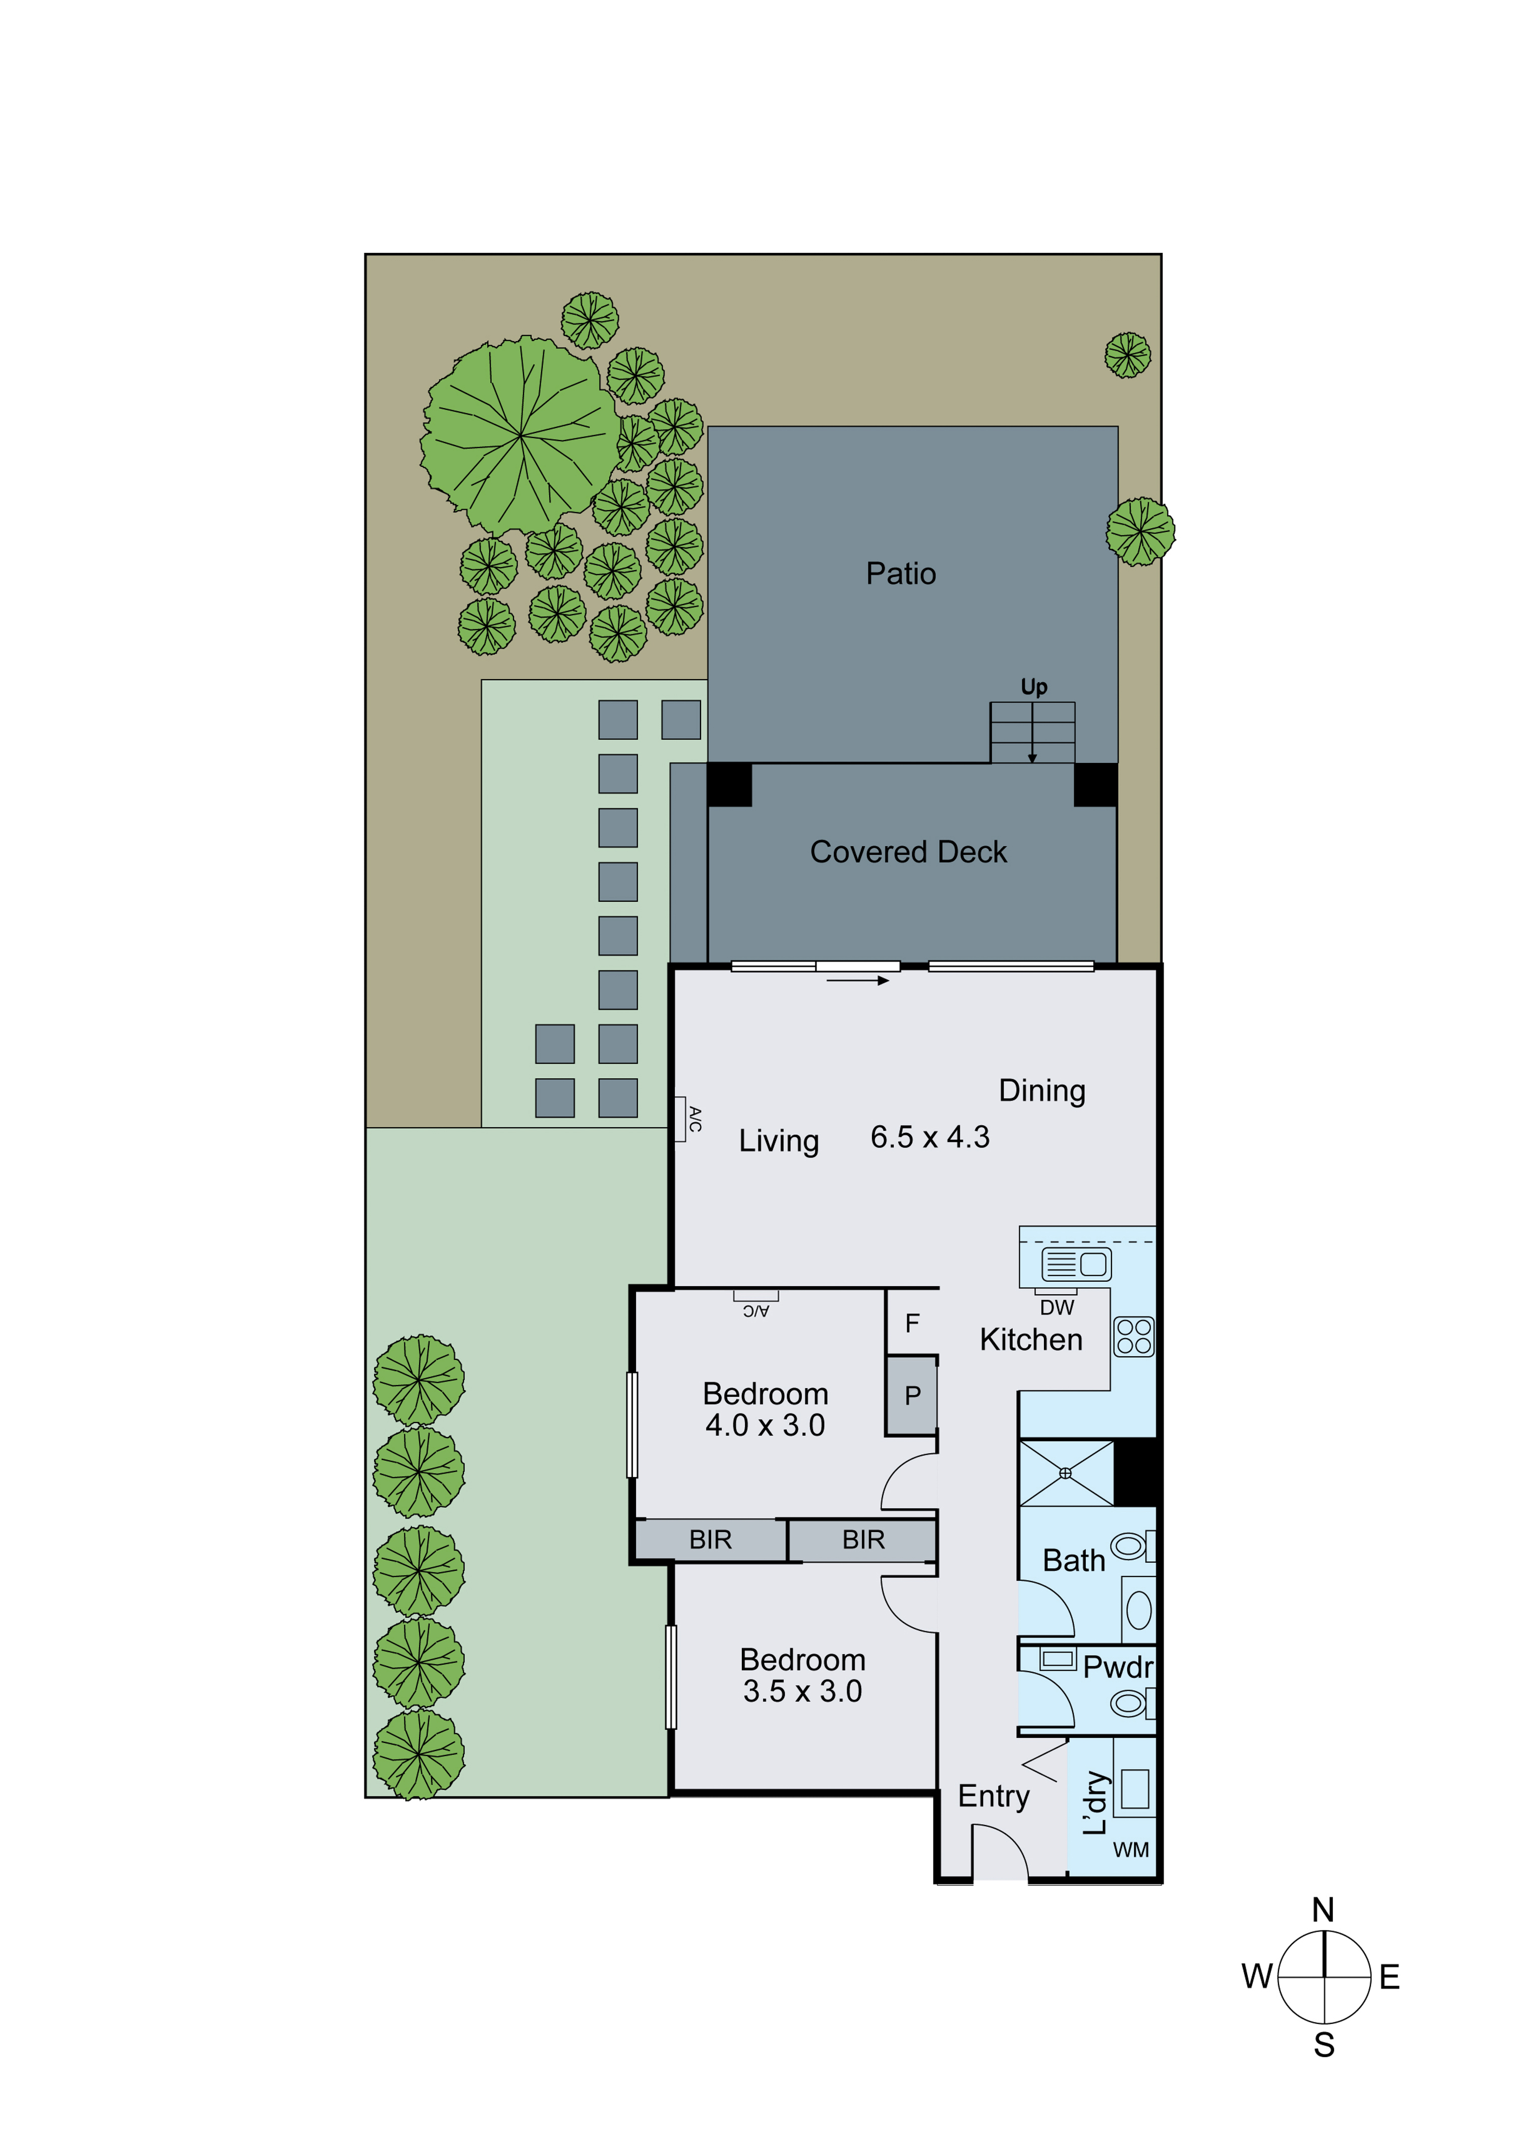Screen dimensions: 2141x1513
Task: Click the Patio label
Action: pos(901,574)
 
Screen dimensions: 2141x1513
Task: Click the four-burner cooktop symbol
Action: pos(1134,1336)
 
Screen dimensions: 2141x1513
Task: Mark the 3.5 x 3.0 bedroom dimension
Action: pos(802,1690)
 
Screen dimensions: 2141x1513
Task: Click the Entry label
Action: pos(993,1796)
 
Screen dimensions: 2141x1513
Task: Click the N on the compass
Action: pos(1323,1910)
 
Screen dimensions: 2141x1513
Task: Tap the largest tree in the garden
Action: pos(519,435)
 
